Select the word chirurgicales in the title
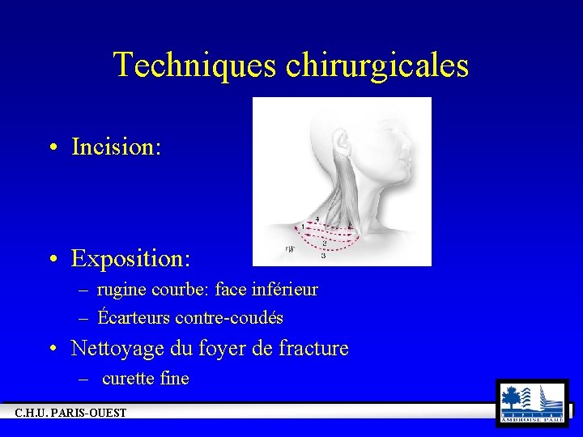(377, 66)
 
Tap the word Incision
(117, 147)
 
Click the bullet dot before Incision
(52, 148)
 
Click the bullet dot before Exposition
(52, 260)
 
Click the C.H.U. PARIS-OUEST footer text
(71, 414)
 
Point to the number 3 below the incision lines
(324, 257)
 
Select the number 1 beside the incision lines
(303, 226)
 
